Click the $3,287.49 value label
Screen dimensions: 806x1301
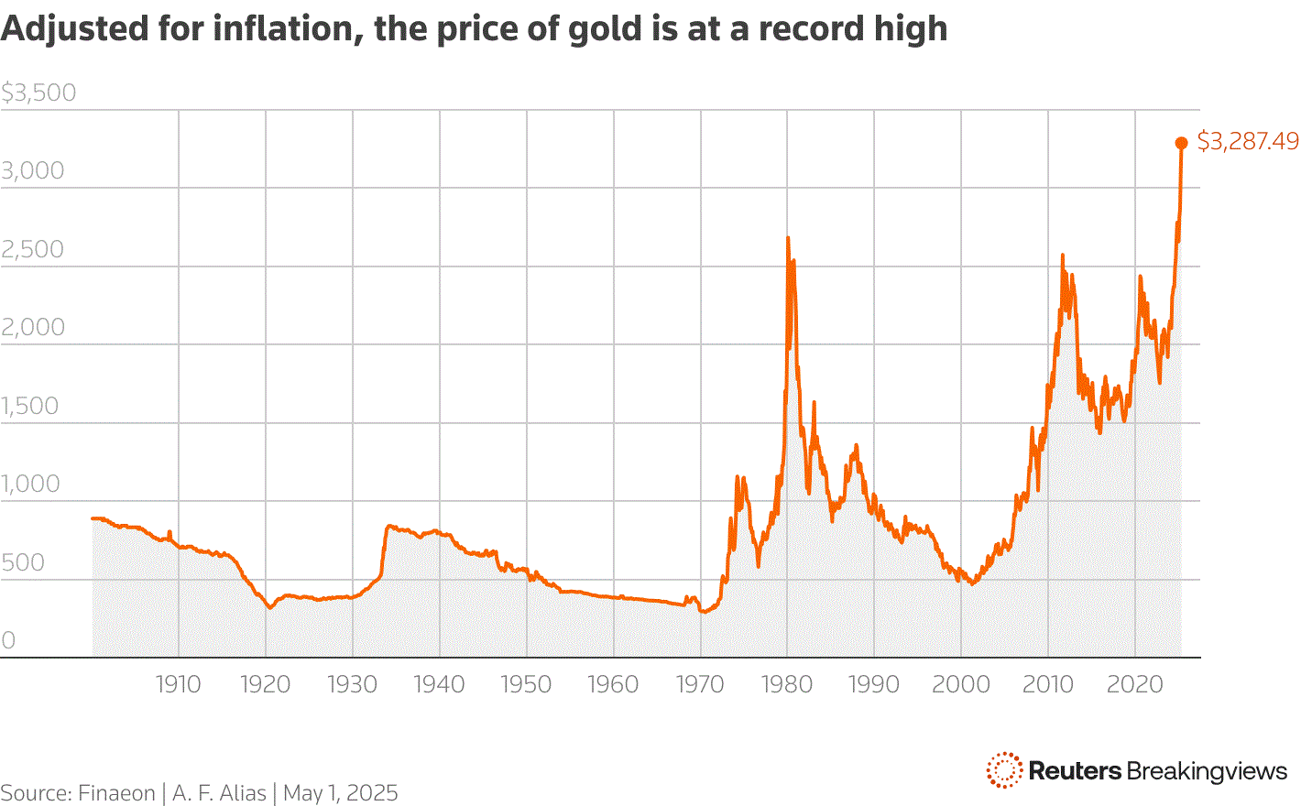point(1248,141)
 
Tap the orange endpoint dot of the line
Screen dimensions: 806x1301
point(1182,143)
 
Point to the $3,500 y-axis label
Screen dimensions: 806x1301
point(38,93)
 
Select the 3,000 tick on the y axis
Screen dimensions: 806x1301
point(33,171)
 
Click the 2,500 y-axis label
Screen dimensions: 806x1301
point(33,249)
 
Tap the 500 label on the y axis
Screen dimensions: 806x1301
point(23,562)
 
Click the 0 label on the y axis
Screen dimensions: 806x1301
point(8,640)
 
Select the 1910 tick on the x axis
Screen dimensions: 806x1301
point(178,684)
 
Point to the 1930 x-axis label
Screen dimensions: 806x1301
point(352,684)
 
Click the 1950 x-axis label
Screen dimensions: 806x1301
point(526,684)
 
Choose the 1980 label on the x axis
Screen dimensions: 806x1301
point(787,684)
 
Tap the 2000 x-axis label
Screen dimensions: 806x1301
point(961,684)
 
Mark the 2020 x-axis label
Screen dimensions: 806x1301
point(1134,684)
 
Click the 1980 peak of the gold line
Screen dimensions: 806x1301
point(788,239)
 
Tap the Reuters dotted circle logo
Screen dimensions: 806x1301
point(1004,770)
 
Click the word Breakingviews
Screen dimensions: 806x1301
point(1207,771)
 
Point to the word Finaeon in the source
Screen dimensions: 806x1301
point(116,793)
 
